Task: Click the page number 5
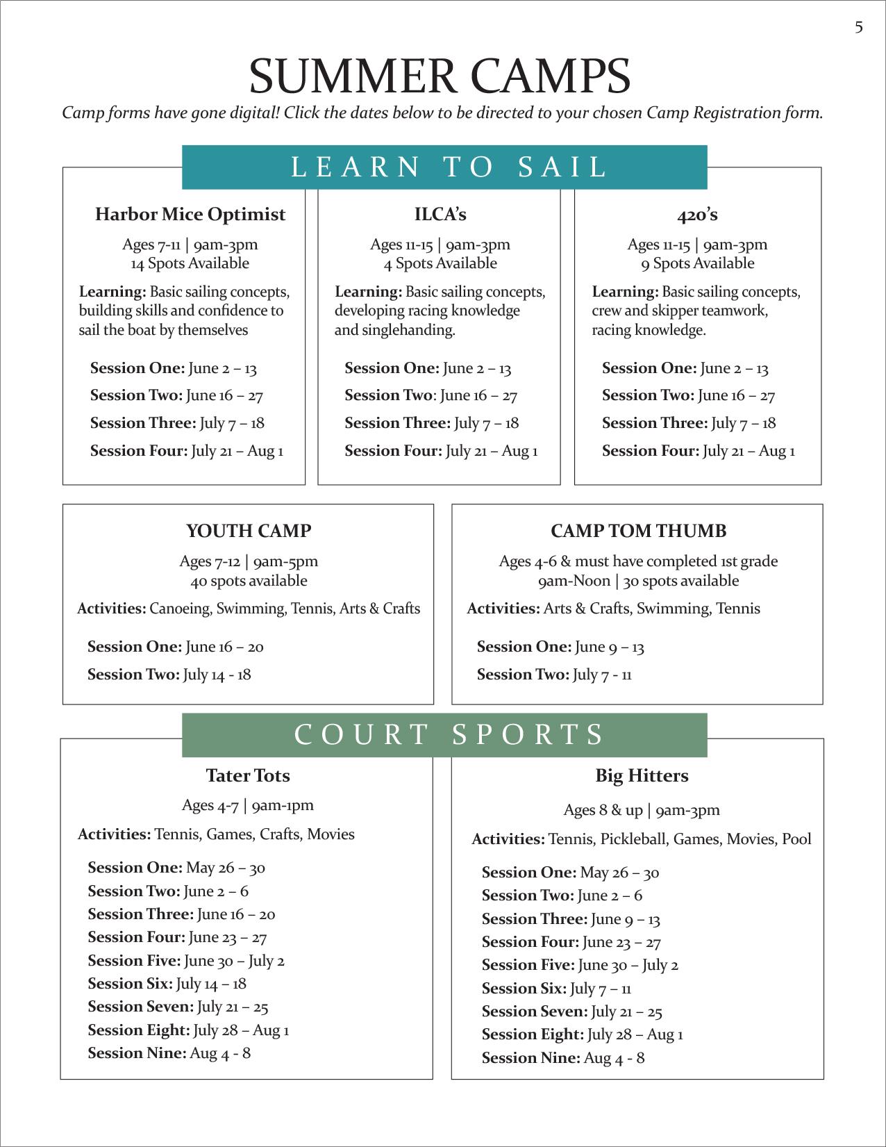(x=859, y=27)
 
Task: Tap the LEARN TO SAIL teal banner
(x=444, y=167)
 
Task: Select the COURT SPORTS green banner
(x=444, y=735)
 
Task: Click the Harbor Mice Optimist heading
(x=190, y=215)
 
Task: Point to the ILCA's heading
(x=440, y=215)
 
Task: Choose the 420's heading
(x=697, y=215)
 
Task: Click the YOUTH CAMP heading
(x=249, y=531)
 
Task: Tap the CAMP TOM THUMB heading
(x=638, y=531)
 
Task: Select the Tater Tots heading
(x=248, y=775)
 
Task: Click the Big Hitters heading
(x=642, y=775)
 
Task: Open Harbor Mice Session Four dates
(x=187, y=451)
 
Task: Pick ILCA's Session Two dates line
(x=431, y=396)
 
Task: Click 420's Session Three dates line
(x=689, y=423)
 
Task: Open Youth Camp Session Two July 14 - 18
(x=169, y=675)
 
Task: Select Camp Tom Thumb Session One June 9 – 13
(x=560, y=647)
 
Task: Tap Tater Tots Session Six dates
(x=167, y=984)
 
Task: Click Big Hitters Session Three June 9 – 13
(x=571, y=919)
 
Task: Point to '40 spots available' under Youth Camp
(x=249, y=581)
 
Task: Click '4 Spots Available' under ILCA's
(x=440, y=263)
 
